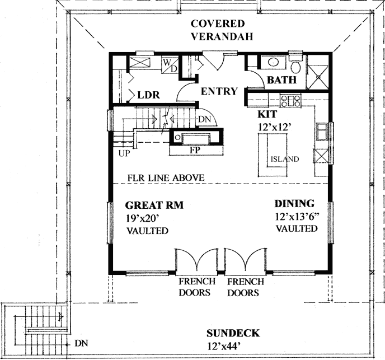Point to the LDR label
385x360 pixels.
tap(149, 96)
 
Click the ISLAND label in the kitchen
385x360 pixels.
tap(284, 160)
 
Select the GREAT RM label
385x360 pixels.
tap(154, 205)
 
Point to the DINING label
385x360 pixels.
tap(294, 204)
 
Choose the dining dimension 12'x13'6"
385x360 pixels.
tap(297, 217)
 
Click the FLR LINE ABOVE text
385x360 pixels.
tap(165, 178)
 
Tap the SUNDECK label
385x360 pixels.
tap(231, 333)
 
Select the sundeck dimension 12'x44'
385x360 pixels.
tap(231, 346)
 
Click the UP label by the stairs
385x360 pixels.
tap(124, 152)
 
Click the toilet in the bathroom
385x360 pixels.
tap(297, 67)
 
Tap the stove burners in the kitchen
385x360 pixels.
tap(291, 101)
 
